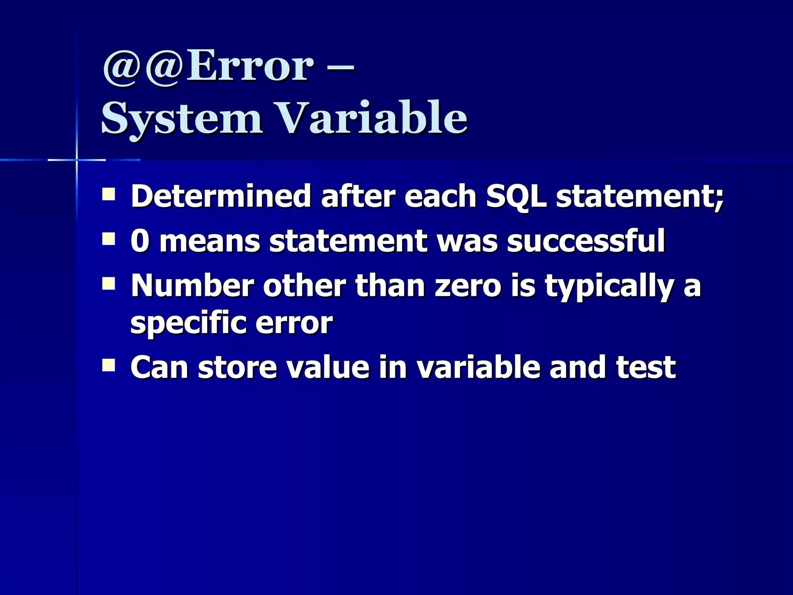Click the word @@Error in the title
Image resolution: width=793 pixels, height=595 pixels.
click(x=208, y=67)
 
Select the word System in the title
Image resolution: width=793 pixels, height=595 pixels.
click(x=181, y=118)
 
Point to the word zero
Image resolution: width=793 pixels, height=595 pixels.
click(x=469, y=285)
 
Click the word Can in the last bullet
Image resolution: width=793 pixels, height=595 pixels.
click(x=159, y=367)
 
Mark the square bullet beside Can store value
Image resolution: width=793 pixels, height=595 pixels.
click(x=109, y=365)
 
